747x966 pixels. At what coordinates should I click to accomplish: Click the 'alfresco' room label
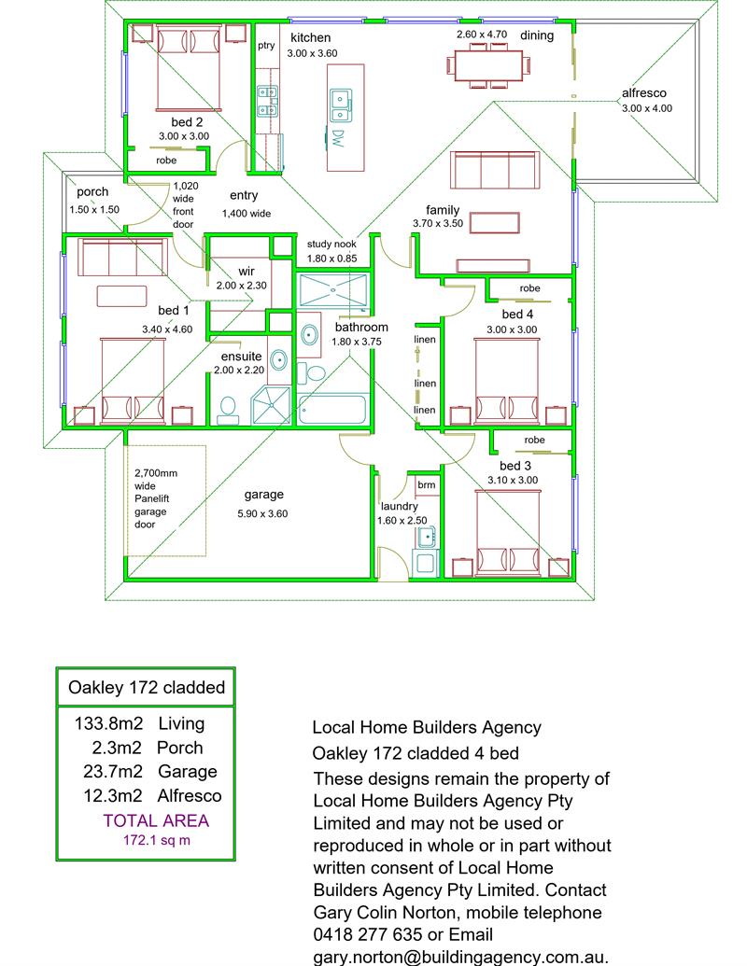tap(644, 93)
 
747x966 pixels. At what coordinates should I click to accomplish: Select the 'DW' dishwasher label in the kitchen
tap(337, 139)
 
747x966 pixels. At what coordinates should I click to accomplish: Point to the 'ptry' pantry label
tap(266, 46)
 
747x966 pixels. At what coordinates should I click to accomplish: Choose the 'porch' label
tap(93, 192)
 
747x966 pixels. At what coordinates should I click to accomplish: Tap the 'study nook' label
tap(332, 245)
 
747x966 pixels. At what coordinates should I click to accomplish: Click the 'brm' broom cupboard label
tap(426, 485)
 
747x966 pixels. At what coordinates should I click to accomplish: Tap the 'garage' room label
tap(263, 495)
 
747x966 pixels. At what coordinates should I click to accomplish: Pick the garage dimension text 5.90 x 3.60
tap(262, 512)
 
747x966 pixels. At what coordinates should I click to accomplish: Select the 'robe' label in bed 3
tap(534, 440)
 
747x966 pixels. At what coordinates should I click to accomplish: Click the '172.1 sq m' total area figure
tap(156, 841)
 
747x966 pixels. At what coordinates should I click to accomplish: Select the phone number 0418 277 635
tap(389, 934)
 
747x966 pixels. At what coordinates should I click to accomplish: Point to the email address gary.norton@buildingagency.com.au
tap(461, 957)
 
